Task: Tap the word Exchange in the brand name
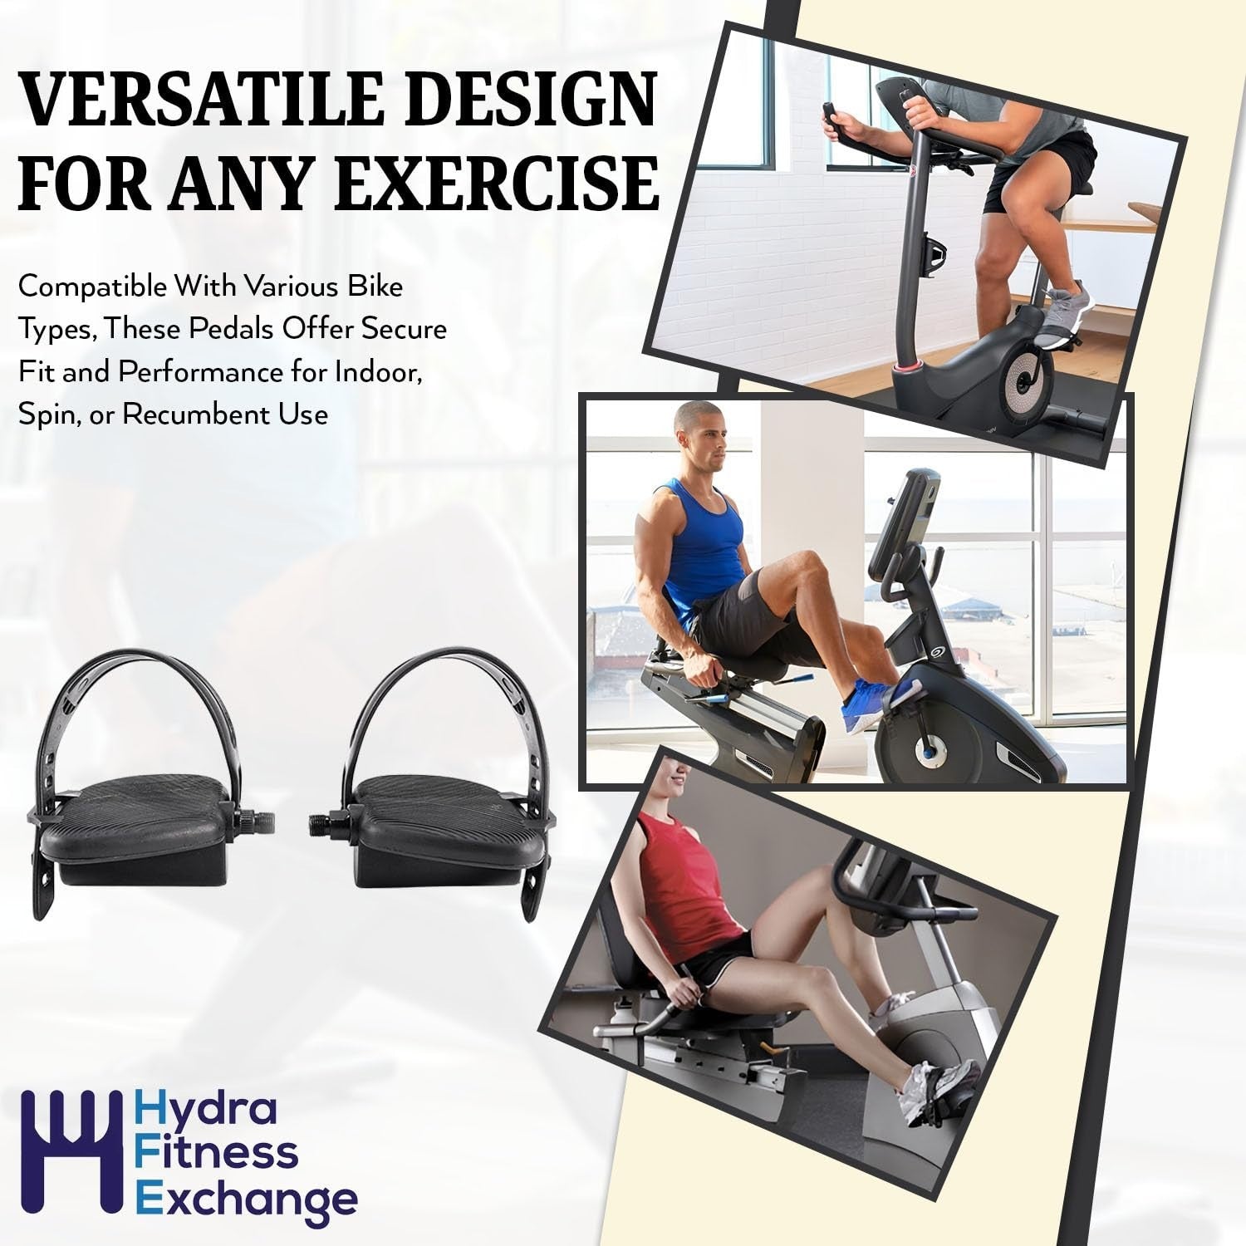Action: (247, 1199)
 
